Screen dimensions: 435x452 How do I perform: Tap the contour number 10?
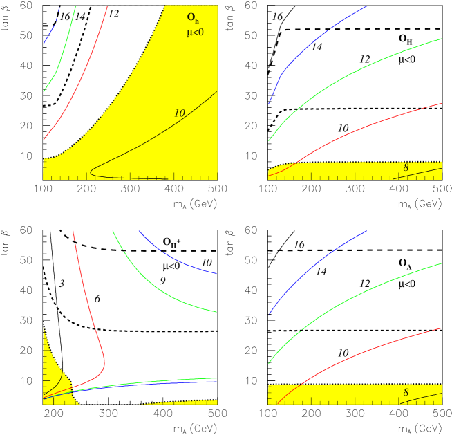pos(179,113)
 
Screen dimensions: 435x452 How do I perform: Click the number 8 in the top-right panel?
pos(406,167)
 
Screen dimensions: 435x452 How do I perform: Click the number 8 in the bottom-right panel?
pos(406,392)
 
